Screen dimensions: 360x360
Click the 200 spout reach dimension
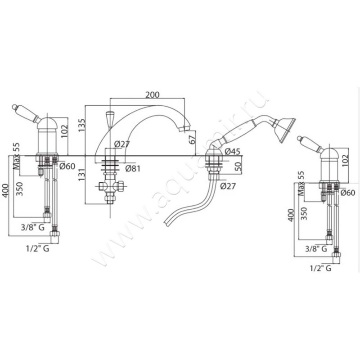click(153, 94)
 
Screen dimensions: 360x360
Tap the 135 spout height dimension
click(81, 125)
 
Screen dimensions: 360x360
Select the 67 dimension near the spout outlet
click(193, 139)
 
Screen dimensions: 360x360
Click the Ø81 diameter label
click(133, 168)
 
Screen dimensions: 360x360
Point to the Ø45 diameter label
click(232, 151)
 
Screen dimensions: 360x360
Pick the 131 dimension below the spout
click(81, 175)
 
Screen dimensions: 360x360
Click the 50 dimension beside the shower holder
click(238, 166)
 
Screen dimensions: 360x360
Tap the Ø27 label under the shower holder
click(228, 186)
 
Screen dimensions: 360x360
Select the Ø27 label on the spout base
click(122, 144)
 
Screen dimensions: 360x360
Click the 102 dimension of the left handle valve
click(64, 131)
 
